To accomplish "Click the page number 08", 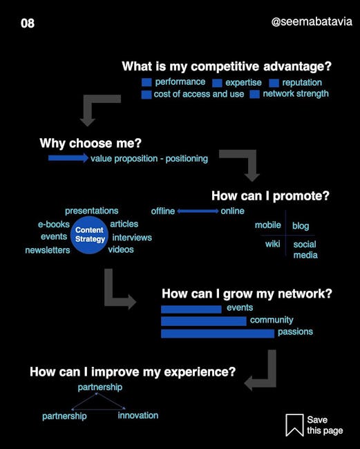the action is point(28,23).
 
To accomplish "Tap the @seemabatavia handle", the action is point(312,22).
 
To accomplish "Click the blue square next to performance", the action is point(146,82).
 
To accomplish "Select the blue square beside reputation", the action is point(274,83).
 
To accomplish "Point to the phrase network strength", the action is point(296,94).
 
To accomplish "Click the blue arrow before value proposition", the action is point(68,157).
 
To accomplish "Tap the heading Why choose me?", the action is point(91,143).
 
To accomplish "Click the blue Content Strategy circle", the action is point(89,235).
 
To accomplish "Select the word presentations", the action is point(92,211).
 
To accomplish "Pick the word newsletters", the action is point(48,250).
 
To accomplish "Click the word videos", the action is point(121,249).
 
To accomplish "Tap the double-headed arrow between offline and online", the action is point(198,211).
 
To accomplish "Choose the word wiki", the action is point(273,244).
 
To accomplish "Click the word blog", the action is point(301,226).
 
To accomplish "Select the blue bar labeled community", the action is point(204,321).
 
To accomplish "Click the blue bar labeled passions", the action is point(218,334).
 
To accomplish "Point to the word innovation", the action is point(138,415).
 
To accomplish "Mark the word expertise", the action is point(243,82).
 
